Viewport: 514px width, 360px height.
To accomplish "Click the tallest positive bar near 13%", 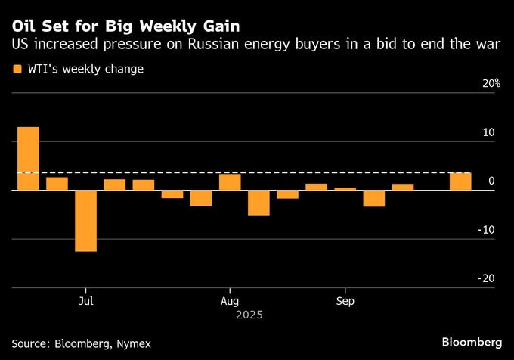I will pos(28,158).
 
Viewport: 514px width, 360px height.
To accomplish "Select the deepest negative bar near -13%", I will pos(85,220).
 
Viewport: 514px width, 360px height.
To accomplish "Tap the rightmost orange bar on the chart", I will pos(460,182).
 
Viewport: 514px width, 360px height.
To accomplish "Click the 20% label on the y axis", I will pos(491,83).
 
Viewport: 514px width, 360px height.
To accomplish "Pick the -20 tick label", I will pos(486,278).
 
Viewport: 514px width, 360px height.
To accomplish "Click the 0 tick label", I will pos(492,181).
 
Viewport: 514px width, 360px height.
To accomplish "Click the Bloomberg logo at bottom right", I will pos(472,343).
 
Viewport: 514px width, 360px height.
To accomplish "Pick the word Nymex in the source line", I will pos(134,343).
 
